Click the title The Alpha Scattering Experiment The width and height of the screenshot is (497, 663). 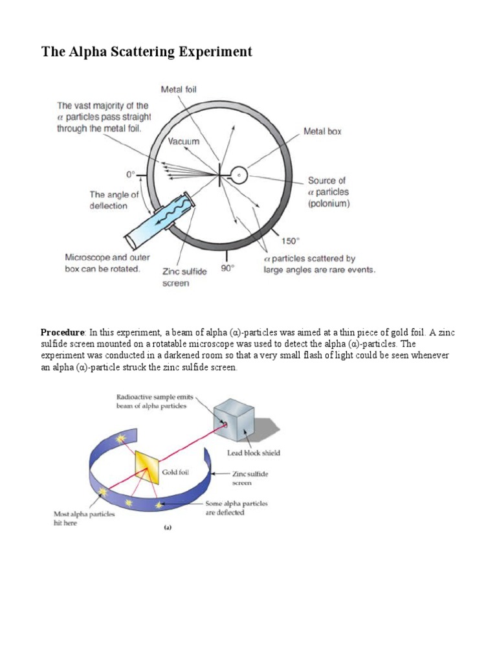click(147, 52)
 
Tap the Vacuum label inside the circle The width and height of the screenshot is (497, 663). click(184, 141)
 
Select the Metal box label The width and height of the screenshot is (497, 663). click(322, 131)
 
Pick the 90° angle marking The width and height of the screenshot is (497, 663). click(226, 267)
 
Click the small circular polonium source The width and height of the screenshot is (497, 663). click(239, 175)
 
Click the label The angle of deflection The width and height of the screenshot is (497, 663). click(114, 200)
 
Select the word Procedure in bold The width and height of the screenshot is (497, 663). click(62, 332)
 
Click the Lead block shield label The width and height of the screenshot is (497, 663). click(254, 453)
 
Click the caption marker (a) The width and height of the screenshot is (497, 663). click(167, 528)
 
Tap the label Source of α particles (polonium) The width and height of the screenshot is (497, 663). click(328, 192)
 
